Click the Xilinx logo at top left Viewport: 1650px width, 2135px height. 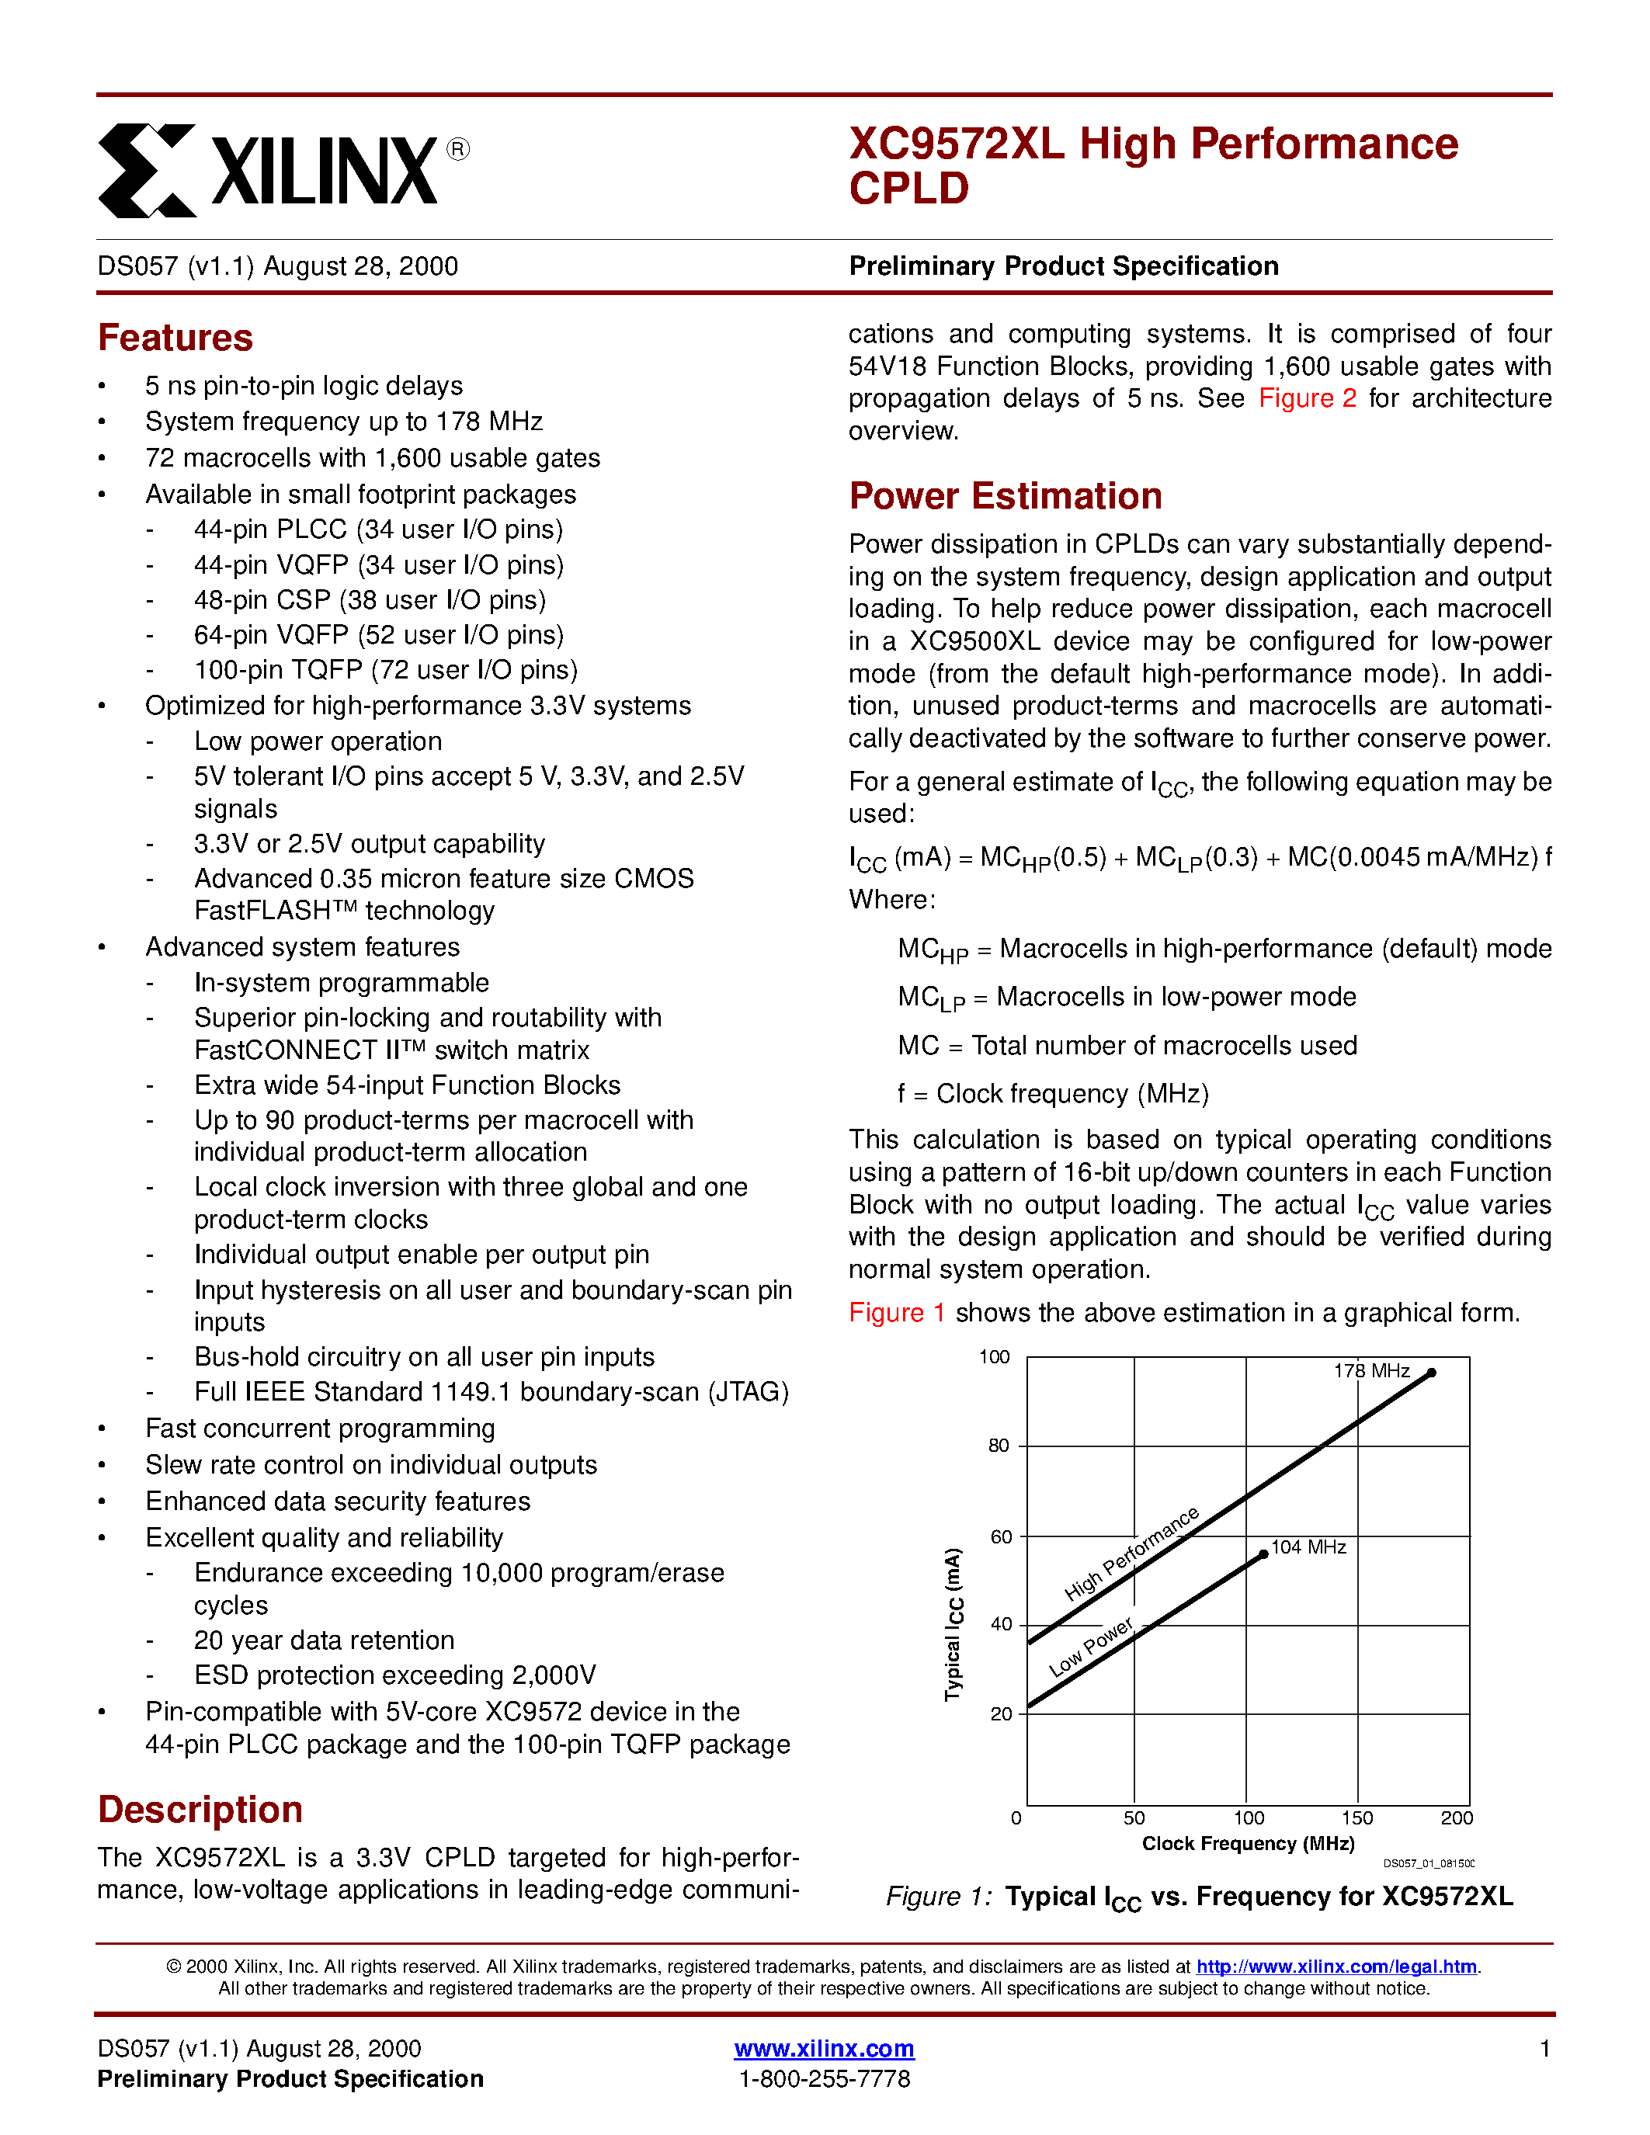pyautogui.click(x=283, y=170)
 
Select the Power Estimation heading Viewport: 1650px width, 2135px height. pyautogui.click(x=1005, y=497)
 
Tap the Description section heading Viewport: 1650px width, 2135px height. pyautogui.click(x=200, y=1810)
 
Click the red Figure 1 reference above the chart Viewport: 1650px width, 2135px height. pyautogui.click(x=896, y=1313)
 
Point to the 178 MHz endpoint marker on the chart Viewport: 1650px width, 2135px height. pyautogui.click(x=1431, y=1373)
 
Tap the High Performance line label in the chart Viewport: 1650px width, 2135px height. pyautogui.click(x=1131, y=1554)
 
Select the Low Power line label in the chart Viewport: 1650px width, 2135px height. pyautogui.click(x=1090, y=1647)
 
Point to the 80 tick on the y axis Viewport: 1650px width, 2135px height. pyautogui.click(x=998, y=1446)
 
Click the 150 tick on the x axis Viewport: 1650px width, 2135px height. pyautogui.click(x=1356, y=1818)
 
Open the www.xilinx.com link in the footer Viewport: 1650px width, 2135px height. pyautogui.click(x=824, y=2048)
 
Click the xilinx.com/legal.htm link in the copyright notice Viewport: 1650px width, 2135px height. pyautogui.click(x=1336, y=1966)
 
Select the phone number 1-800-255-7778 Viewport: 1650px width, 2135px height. pyautogui.click(x=824, y=2078)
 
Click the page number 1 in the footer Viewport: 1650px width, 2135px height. pyautogui.click(x=1544, y=2048)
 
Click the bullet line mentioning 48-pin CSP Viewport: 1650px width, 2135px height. pyautogui.click(x=370, y=600)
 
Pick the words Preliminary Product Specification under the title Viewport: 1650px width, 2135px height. pyautogui.click(x=1064, y=267)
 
